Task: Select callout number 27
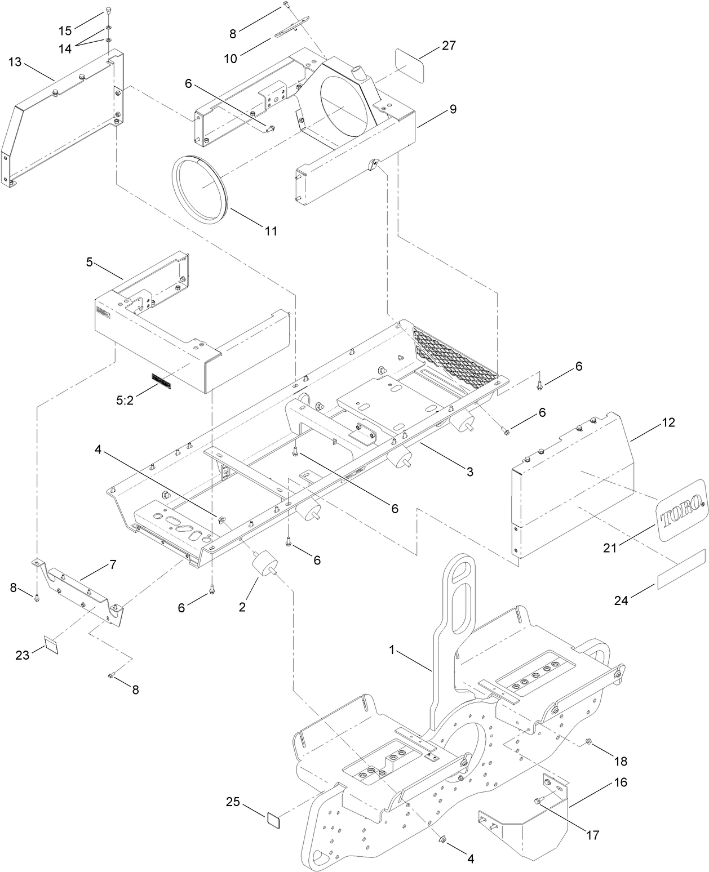pyautogui.click(x=449, y=46)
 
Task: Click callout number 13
pyautogui.click(x=15, y=62)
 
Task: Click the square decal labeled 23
pyautogui.click(x=51, y=644)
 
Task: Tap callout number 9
pyautogui.click(x=453, y=109)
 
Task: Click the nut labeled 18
pyautogui.click(x=588, y=742)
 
